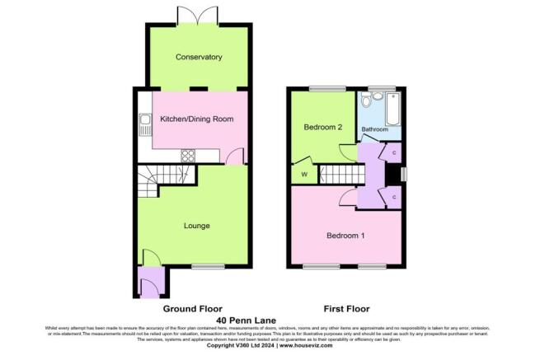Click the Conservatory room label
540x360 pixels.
pyautogui.click(x=199, y=57)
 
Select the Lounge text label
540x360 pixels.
pyautogui.click(x=196, y=226)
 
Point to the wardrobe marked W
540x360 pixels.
pyautogui.click(x=304, y=175)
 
